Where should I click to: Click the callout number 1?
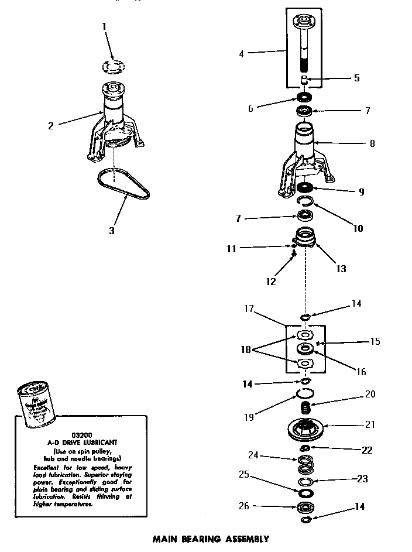(104, 26)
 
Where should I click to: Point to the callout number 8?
(372, 143)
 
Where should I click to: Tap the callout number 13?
(341, 269)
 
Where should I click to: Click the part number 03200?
(80, 435)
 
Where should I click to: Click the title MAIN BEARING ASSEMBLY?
(211, 539)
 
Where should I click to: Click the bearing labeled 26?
(305, 506)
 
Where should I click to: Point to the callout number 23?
(362, 479)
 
